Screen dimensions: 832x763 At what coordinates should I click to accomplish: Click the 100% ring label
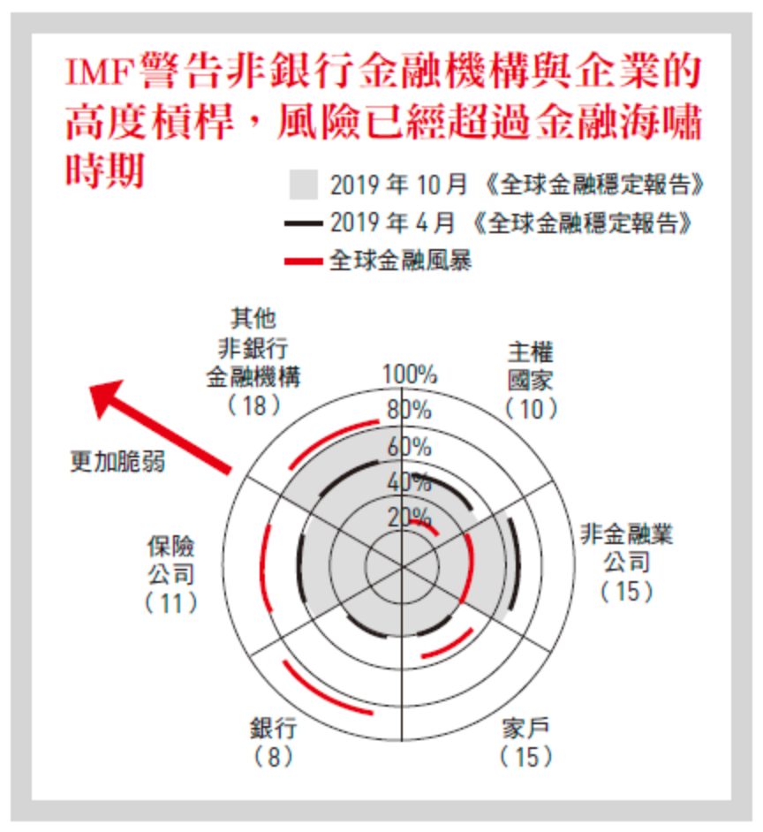tap(409, 374)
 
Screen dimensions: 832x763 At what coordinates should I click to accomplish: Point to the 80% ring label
tap(408, 410)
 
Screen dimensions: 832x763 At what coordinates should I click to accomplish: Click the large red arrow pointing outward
tap(159, 424)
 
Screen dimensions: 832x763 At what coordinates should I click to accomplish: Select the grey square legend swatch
tap(303, 185)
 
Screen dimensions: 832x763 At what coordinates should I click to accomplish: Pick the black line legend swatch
tap(303, 223)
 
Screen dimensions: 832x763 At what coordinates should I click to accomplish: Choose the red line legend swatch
tap(303, 261)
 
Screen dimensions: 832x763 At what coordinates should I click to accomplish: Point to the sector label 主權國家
tap(531, 367)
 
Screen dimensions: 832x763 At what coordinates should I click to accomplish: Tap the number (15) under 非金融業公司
tap(627, 591)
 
